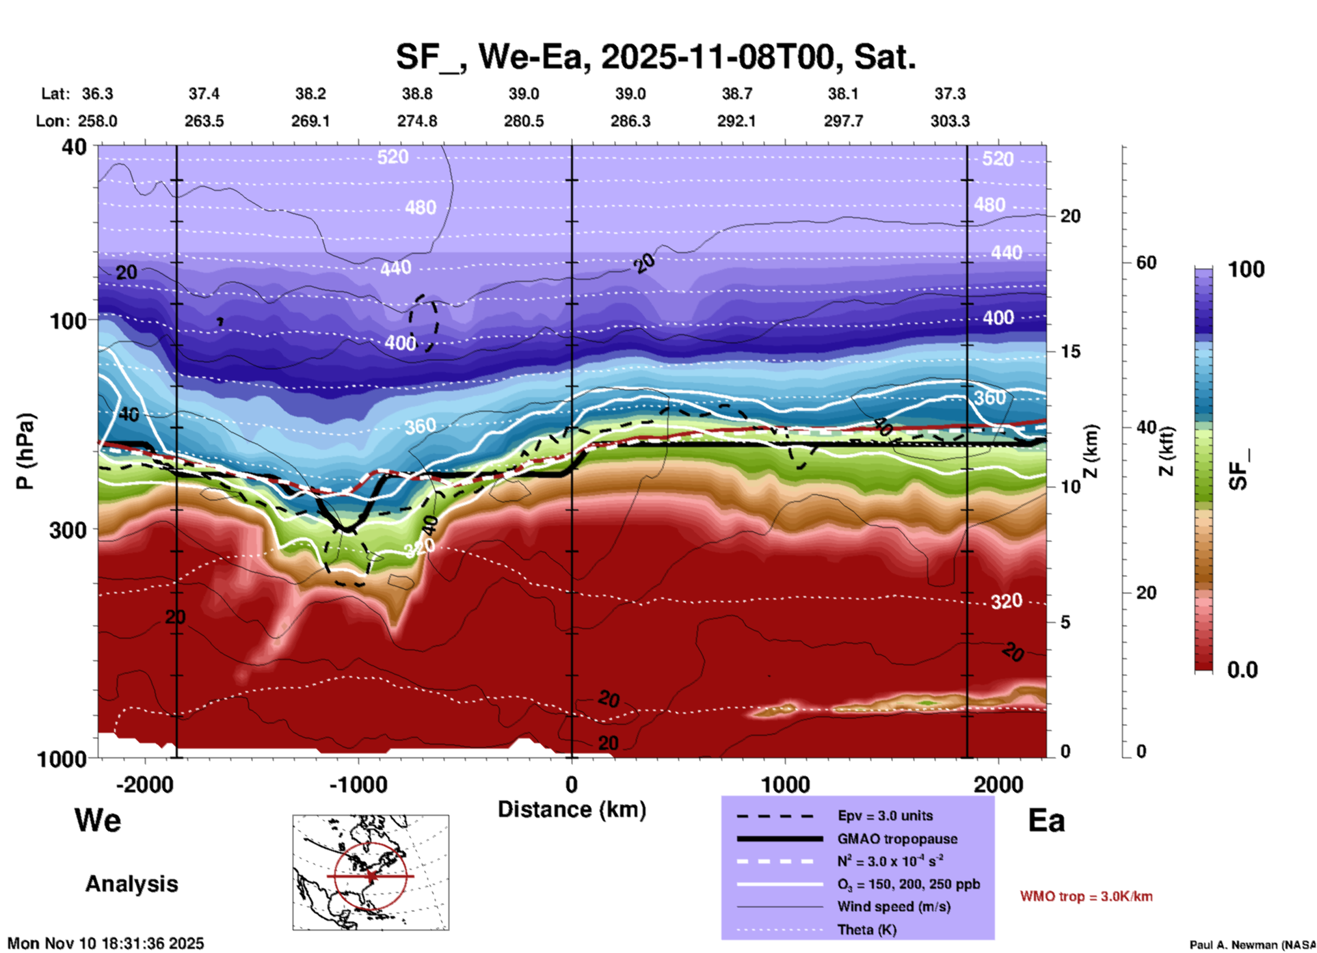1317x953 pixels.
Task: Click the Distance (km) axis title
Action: (572, 809)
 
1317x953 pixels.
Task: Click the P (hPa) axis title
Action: (25, 451)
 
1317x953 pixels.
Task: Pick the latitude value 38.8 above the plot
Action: (416, 94)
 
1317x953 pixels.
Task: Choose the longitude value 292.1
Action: (736, 121)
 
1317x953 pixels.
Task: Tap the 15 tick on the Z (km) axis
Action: (1070, 351)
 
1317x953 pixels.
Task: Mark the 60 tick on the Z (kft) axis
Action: (1147, 263)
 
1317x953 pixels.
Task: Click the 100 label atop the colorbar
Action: (1246, 269)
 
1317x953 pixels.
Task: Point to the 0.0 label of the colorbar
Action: (1242, 670)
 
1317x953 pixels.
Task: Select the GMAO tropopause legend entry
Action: (897, 839)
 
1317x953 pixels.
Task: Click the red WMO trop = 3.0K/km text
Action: (1086, 896)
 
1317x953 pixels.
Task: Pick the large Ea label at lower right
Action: (1046, 821)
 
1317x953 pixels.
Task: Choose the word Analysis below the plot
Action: (131, 884)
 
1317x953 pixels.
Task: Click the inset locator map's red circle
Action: (371, 876)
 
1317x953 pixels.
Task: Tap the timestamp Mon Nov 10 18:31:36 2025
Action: (106, 943)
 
